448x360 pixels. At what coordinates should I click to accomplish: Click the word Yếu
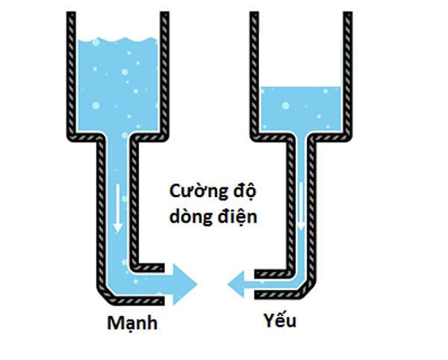280,320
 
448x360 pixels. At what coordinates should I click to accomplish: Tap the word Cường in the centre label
193,192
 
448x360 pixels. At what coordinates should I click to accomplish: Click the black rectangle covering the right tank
299,58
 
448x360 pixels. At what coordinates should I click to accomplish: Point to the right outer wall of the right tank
349,75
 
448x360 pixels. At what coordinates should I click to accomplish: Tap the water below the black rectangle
299,108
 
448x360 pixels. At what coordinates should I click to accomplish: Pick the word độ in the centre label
244,192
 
